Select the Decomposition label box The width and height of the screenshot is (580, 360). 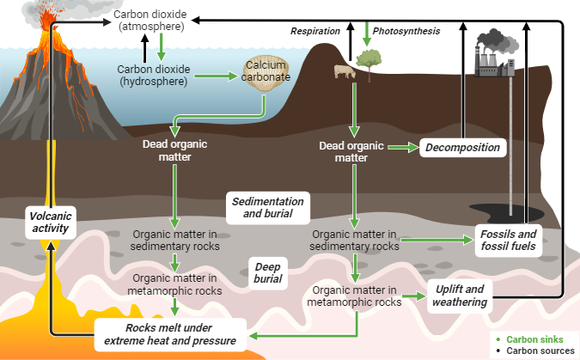click(x=462, y=147)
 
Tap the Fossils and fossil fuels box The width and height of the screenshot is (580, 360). click(x=509, y=240)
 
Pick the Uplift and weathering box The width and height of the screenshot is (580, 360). click(x=460, y=296)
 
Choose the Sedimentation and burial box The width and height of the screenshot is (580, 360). click(x=267, y=207)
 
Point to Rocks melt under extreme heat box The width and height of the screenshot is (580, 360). click(x=169, y=334)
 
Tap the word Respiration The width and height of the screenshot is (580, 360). click(x=315, y=31)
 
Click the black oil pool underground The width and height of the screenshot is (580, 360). click(x=486, y=211)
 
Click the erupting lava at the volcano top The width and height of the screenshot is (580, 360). click(x=46, y=17)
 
